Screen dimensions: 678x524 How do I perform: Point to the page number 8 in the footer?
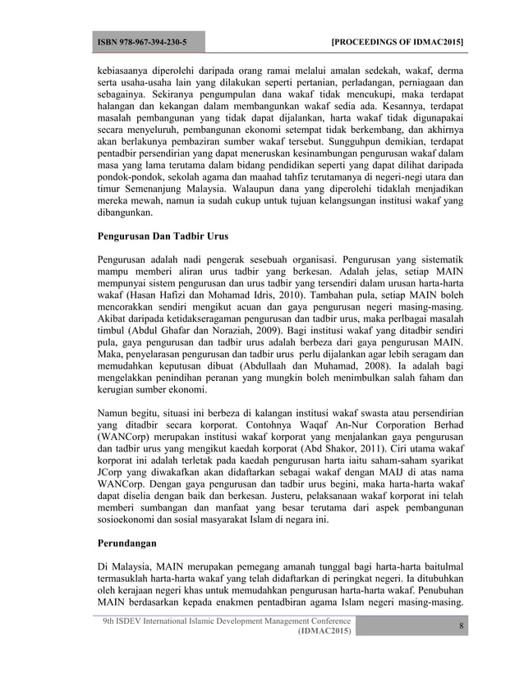[x=461, y=626]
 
